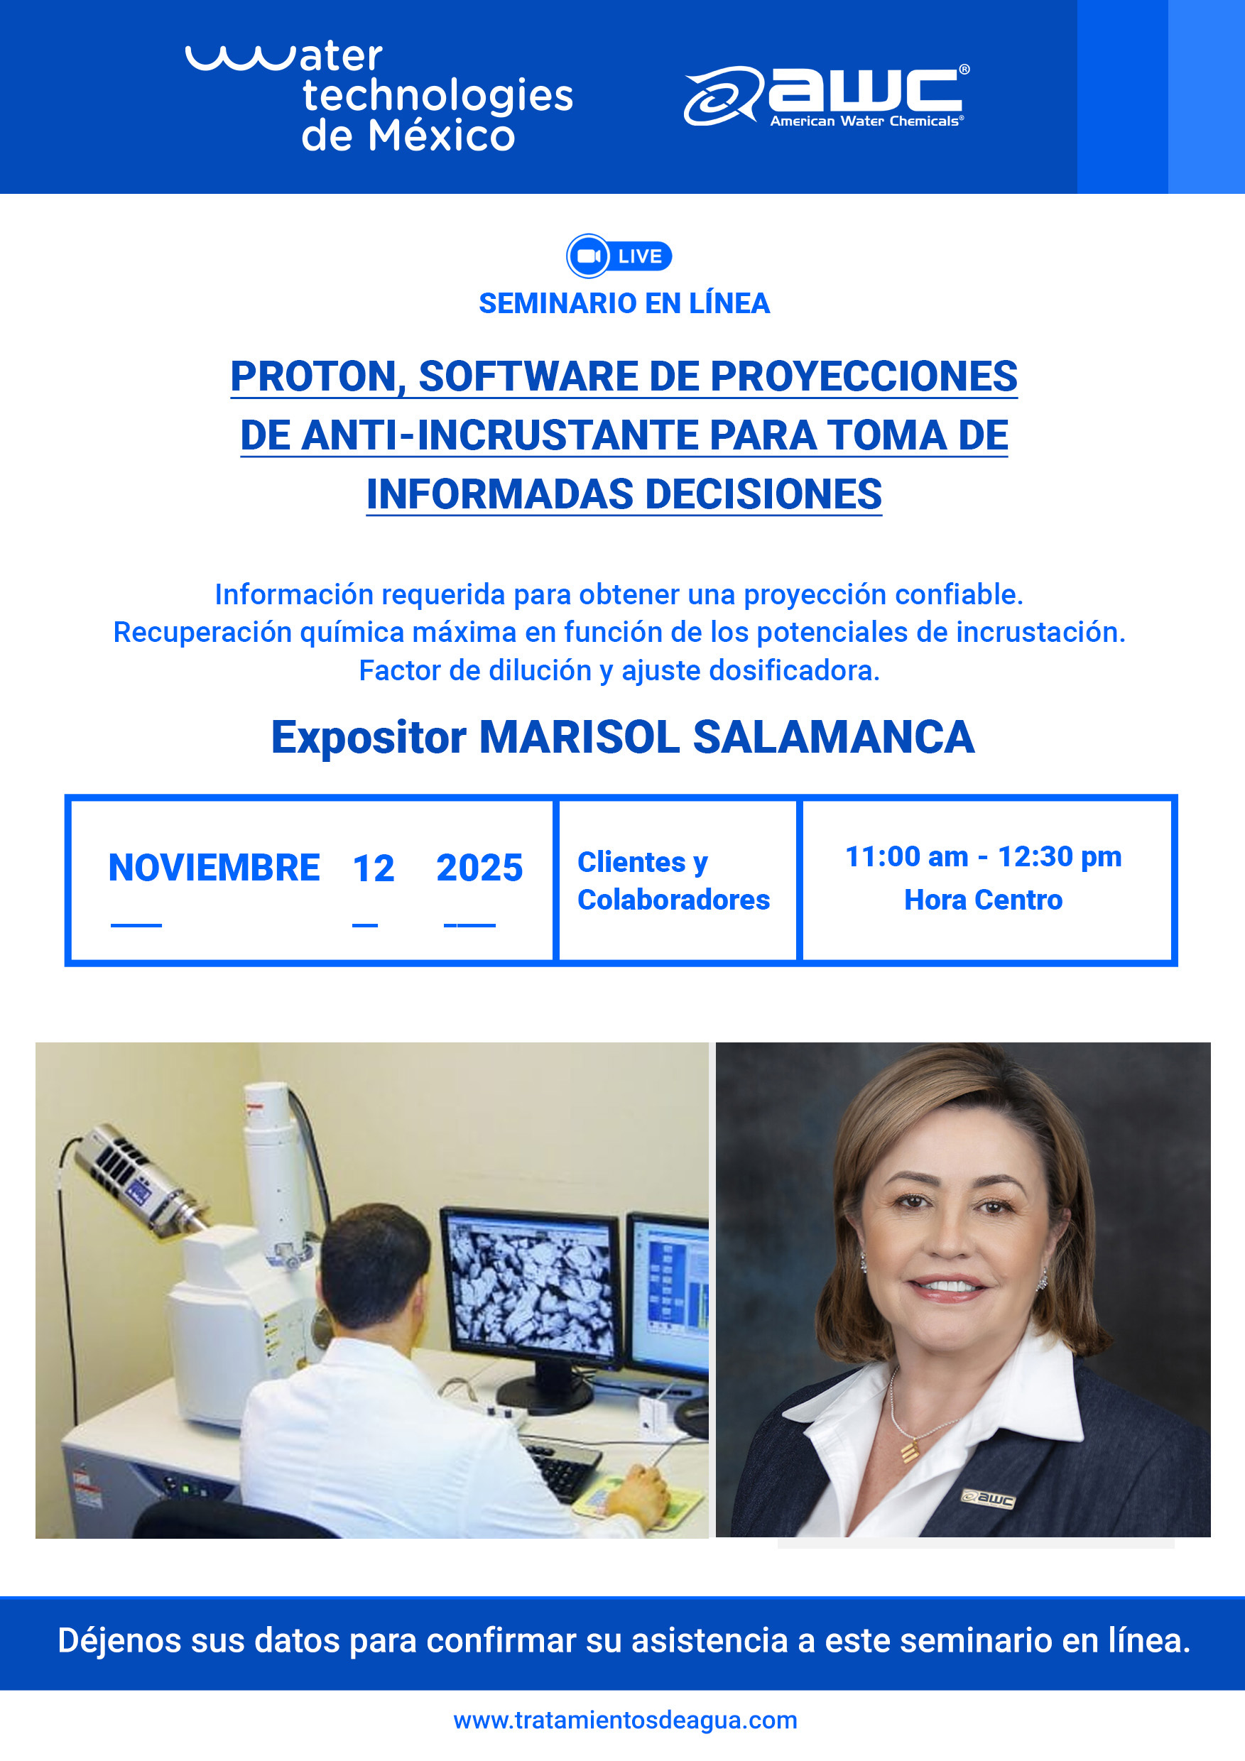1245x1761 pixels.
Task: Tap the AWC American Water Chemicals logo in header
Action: click(x=826, y=96)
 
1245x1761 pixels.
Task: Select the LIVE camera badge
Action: click(x=619, y=256)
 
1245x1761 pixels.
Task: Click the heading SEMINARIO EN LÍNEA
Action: click(x=624, y=304)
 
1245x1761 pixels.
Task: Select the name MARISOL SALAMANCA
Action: click(x=726, y=737)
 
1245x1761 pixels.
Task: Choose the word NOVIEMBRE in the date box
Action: click(x=214, y=868)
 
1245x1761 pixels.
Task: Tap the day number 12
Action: click(x=374, y=868)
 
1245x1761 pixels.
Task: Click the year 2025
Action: click(x=479, y=868)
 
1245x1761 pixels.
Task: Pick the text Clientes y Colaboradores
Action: click(x=673, y=880)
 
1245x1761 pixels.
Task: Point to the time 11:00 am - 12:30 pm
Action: click(x=983, y=857)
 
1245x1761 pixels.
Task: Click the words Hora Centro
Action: click(x=983, y=900)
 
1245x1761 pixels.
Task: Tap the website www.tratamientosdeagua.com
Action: click(x=624, y=1721)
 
